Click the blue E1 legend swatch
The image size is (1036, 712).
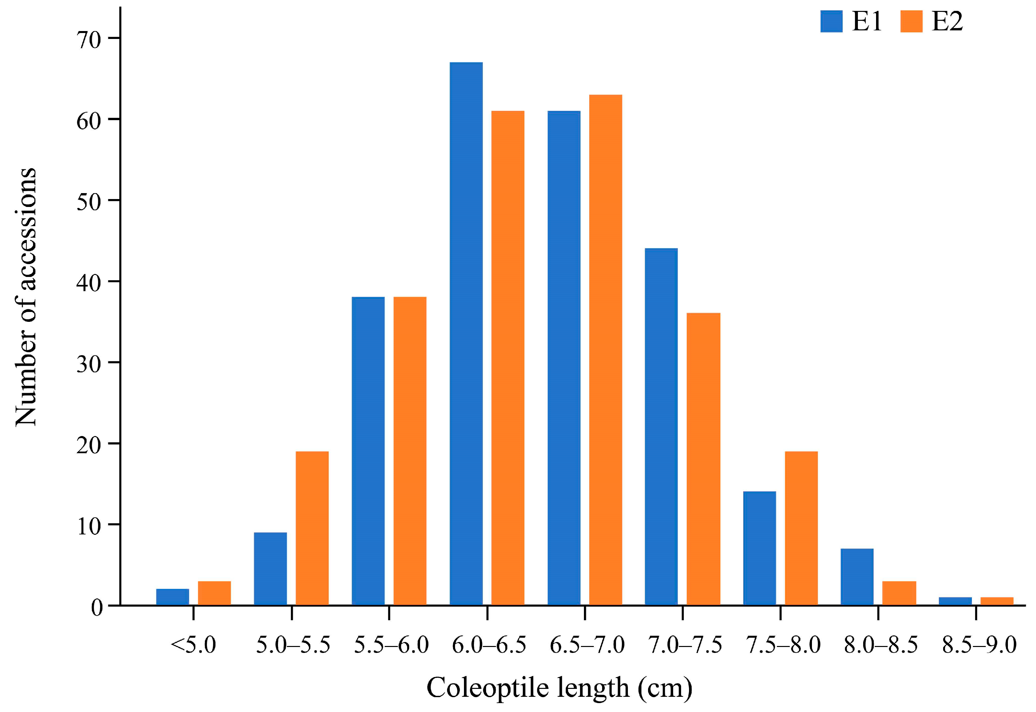[x=831, y=21]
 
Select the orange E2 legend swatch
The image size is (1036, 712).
[x=911, y=21]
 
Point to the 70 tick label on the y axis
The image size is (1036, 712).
[x=89, y=40]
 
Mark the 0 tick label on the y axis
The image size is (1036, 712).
[x=96, y=607]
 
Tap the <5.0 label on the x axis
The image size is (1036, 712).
[x=193, y=645]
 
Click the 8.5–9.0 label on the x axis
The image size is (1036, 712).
[x=979, y=645]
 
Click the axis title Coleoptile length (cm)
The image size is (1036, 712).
[x=559, y=688]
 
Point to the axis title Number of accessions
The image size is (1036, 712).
[x=26, y=297]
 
